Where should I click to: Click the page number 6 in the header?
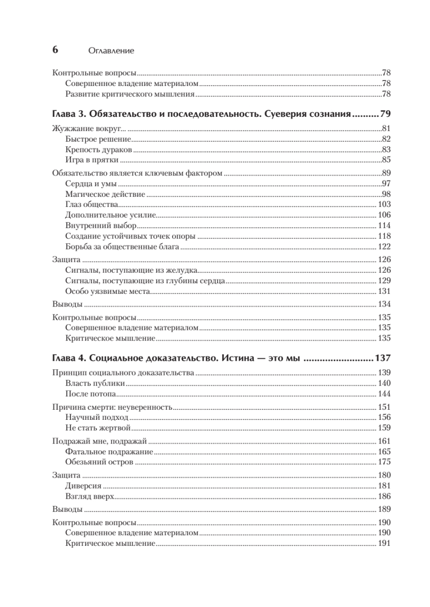(x=55, y=50)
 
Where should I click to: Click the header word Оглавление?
(x=111, y=51)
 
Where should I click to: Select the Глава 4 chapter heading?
(x=177, y=359)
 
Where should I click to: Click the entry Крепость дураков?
(x=99, y=149)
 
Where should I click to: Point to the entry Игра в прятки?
(x=92, y=160)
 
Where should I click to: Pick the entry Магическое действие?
(x=105, y=194)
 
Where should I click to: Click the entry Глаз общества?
(x=92, y=204)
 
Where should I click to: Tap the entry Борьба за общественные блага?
(x=123, y=247)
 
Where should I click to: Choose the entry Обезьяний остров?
(x=99, y=462)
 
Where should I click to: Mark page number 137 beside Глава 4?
(x=382, y=359)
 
